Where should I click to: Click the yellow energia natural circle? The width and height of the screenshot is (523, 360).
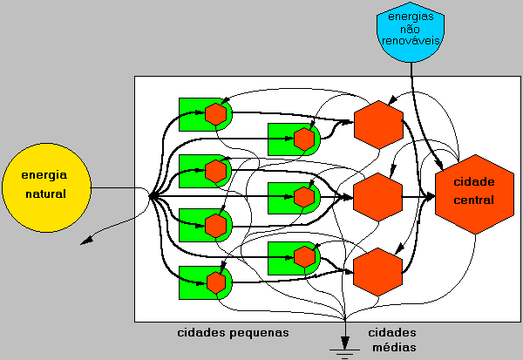pyautogui.click(x=44, y=182)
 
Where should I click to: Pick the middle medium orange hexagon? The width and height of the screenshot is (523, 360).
pyautogui.click(x=378, y=196)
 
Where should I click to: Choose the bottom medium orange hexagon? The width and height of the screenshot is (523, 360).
pyautogui.click(x=378, y=271)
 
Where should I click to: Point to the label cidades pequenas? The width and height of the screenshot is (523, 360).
pyautogui.click(x=233, y=333)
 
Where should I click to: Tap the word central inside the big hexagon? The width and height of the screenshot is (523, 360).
pyautogui.click(x=474, y=200)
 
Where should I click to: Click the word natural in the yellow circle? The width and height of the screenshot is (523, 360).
pyautogui.click(x=44, y=192)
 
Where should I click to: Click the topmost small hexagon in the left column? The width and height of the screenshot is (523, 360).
pyautogui.click(x=215, y=113)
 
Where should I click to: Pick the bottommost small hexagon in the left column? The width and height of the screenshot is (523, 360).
pyautogui.click(x=215, y=282)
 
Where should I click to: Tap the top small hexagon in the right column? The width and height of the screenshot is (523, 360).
pyautogui.click(x=303, y=139)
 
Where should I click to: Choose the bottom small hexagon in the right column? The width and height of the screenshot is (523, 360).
pyautogui.click(x=303, y=256)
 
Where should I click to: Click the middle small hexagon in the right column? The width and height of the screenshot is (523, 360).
pyautogui.click(x=303, y=197)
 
